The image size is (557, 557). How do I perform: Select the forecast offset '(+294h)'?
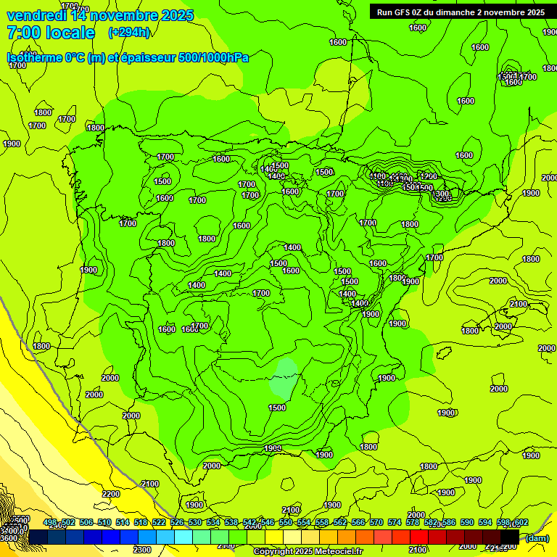click(129, 33)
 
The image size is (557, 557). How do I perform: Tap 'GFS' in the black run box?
click(403, 12)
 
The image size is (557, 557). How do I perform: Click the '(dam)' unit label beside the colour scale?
click(537, 537)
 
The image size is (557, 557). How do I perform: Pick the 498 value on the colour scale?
click(50, 523)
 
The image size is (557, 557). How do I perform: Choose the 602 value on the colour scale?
click(521, 523)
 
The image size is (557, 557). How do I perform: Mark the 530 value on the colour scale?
click(195, 523)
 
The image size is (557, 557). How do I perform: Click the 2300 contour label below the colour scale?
click(142, 550)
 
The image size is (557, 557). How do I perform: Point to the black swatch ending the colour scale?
click(510, 537)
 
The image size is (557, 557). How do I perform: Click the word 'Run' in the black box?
click(385, 12)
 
